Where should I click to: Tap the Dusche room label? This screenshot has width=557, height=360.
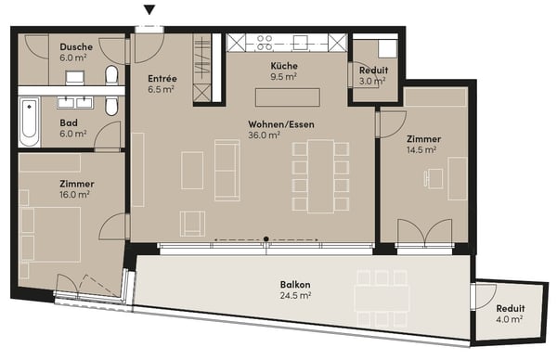tap(75, 47)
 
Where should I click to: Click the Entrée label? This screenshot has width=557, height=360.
tap(162, 80)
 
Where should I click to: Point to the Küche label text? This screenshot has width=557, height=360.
tap(283, 67)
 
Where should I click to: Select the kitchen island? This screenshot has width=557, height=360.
tap(288, 96)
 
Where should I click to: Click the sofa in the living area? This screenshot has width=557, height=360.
tap(227, 169)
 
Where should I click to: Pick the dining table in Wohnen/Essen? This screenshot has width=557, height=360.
tap(320, 174)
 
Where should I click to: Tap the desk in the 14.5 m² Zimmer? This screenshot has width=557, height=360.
tap(456, 178)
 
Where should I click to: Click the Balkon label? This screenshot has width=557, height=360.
tap(294, 284)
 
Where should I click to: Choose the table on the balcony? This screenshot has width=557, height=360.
tap(382, 296)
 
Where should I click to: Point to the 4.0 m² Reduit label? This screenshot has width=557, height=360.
tap(509, 309)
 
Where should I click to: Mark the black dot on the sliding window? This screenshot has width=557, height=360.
tap(266, 239)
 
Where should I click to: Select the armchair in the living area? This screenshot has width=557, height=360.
tap(193, 222)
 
